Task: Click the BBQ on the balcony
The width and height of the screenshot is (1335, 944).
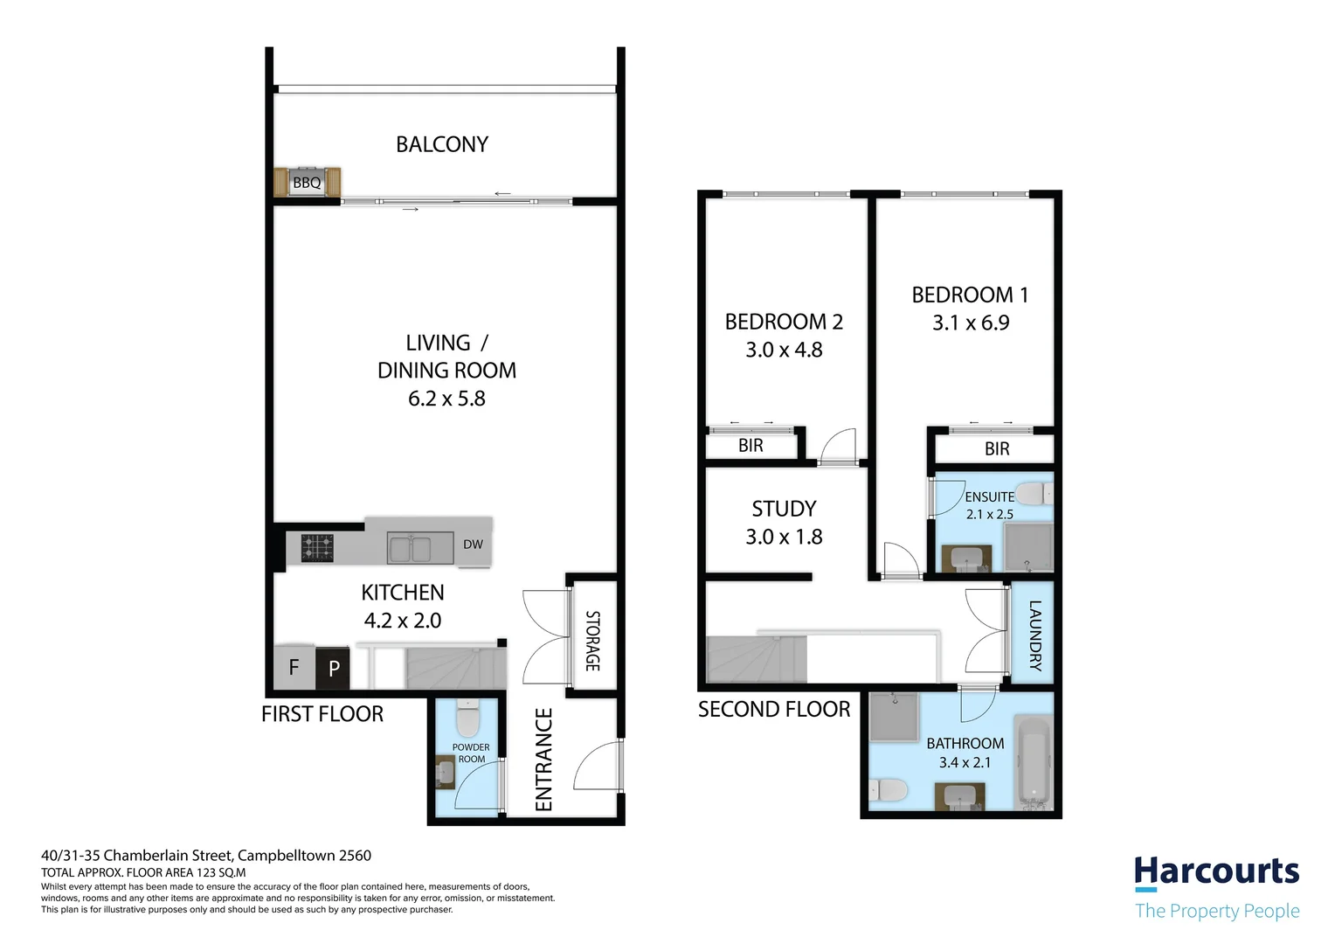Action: tap(307, 182)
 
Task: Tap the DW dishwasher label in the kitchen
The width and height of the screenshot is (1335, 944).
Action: tap(473, 545)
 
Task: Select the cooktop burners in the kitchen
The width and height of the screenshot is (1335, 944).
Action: tap(317, 548)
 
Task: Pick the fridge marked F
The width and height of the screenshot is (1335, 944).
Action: tap(294, 667)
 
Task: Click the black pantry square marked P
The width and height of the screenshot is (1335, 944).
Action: tap(333, 669)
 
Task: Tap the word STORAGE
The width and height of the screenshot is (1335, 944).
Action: tap(592, 641)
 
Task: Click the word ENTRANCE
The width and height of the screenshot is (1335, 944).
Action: tap(544, 760)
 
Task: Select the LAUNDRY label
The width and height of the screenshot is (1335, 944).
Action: tap(1035, 635)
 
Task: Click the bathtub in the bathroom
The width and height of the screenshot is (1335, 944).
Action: tap(1034, 765)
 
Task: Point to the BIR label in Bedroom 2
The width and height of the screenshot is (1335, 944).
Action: tap(751, 446)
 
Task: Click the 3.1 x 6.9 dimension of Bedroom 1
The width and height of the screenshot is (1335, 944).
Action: tap(971, 323)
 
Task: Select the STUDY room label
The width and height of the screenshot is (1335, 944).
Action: tap(784, 509)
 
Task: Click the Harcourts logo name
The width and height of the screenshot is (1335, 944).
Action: tap(1216, 871)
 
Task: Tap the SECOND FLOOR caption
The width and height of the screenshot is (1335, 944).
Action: tap(774, 709)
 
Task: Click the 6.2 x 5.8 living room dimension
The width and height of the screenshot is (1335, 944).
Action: tap(447, 399)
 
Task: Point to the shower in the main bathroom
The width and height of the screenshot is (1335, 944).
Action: tap(894, 718)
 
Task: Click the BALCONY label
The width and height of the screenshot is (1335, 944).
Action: tap(442, 144)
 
